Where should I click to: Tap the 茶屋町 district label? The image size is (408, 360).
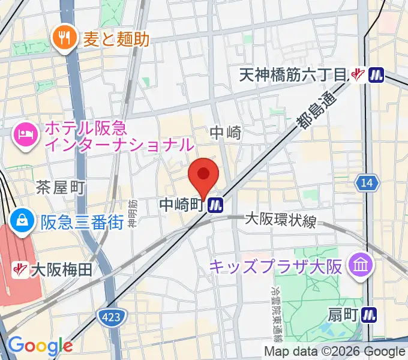(60, 187)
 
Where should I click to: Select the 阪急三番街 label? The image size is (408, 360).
(82, 221)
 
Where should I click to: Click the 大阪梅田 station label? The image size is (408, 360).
(63, 270)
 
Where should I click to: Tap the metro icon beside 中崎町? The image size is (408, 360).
(216, 206)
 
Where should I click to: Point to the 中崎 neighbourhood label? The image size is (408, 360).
(226, 133)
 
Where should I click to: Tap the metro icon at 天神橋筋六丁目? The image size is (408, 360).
(376, 75)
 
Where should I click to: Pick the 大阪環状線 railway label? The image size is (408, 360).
(280, 220)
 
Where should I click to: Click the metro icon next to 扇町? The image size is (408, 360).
(370, 313)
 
